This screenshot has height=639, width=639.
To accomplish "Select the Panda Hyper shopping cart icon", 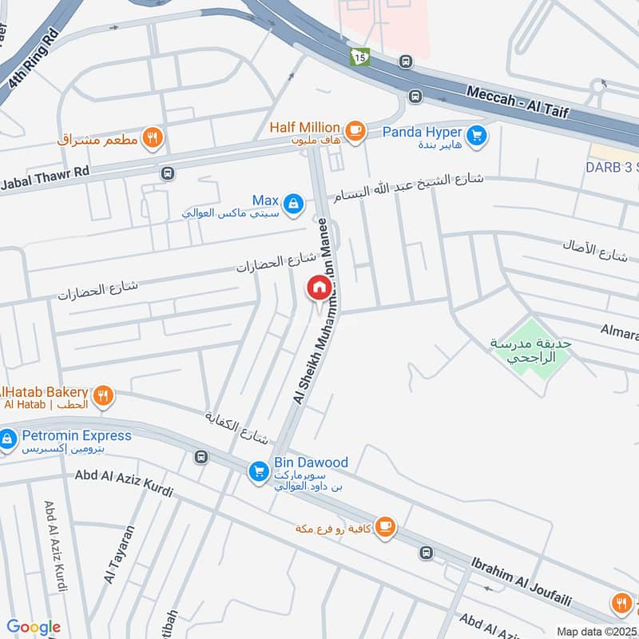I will tap(477, 136).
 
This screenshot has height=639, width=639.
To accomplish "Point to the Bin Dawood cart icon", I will tap(258, 471).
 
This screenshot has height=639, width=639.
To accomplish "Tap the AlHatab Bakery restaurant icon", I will tap(102, 395).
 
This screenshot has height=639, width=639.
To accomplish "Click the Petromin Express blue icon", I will tap(8, 439).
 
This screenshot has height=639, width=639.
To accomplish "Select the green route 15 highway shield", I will tap(360, 58).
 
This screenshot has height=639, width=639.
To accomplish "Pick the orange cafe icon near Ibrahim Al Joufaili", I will tap(385, 526).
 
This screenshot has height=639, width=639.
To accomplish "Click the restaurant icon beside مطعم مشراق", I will tap(153, 139).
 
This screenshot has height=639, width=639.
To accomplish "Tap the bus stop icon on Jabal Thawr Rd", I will tap(168, 173).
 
